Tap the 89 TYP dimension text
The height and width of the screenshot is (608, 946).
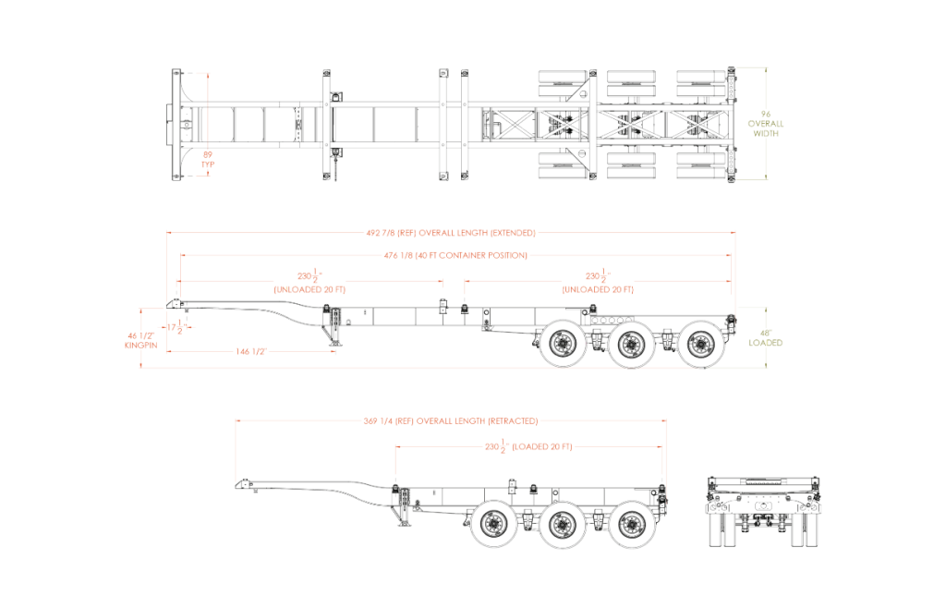208,158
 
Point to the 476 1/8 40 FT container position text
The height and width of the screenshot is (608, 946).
455,255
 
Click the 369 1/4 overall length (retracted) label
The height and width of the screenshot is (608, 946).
451,420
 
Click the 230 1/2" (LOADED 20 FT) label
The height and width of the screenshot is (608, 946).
529,446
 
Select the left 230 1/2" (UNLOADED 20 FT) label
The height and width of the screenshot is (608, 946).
309,282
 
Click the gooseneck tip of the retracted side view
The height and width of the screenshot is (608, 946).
243,483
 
